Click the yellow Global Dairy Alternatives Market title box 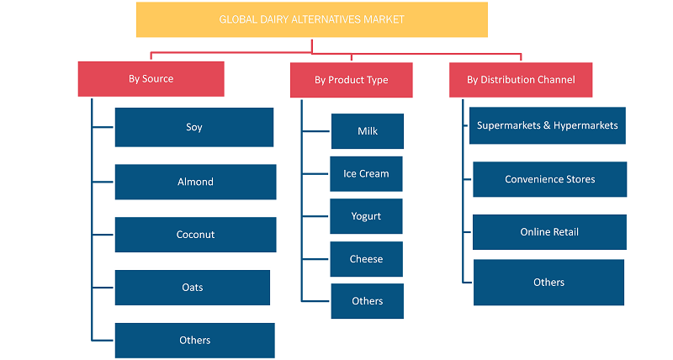(x=311, y=19)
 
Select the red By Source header (x=151, y=79)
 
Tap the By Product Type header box (x=351, y=80)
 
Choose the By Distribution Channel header (x=521, y=80)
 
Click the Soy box (x=194, y=128)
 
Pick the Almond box (x=195, y=182)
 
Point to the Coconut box (x=195, y=235)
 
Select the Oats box (x=193, y=288)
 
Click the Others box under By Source (x=195, y=341)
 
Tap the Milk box (x=368, y=131)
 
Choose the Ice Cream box (x=366, y=174)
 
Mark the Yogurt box (x=366, y=216)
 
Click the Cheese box (x=366, y=259)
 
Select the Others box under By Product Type (x=367, y=301)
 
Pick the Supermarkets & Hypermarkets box (x=548, y=125)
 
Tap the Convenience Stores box (x=550, y=179)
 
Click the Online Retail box (x=549, y=232)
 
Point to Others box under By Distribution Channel (x=548, y=283)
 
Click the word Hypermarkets (x=586, y=125)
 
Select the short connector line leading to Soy (x=103, y=127)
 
